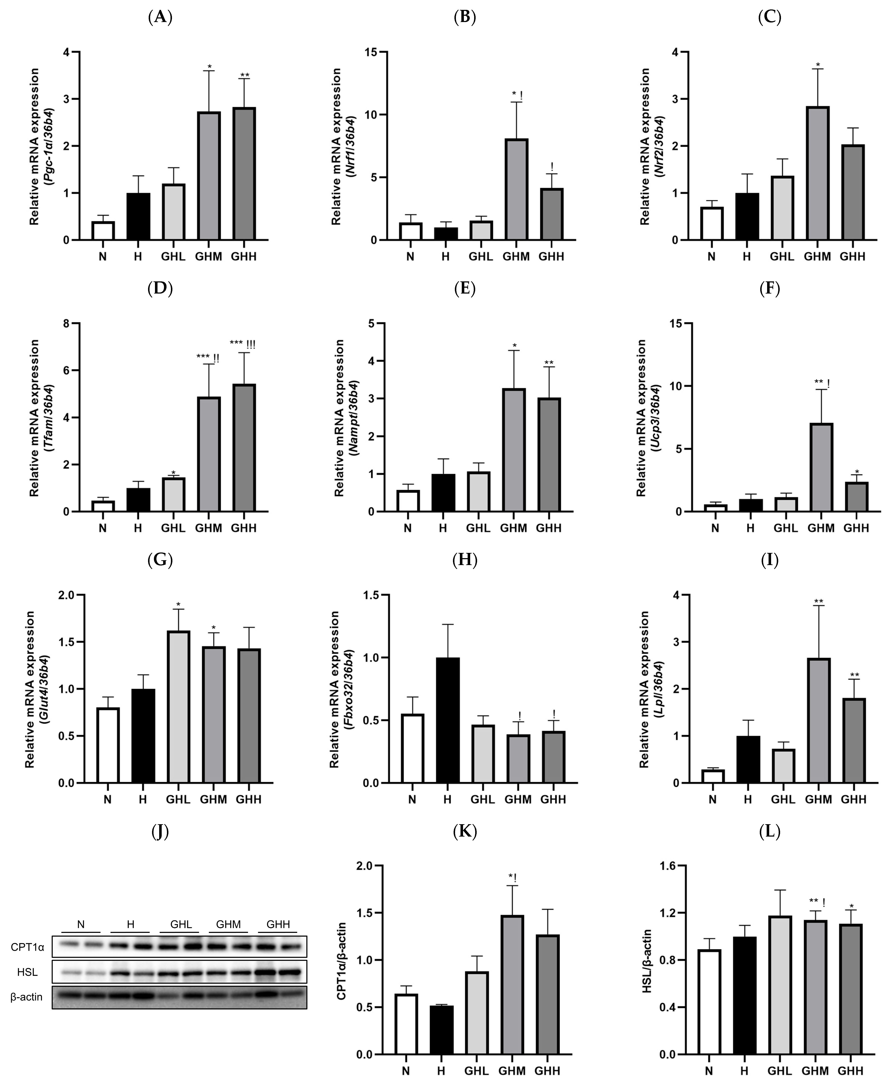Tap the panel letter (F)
[x=769, y=289]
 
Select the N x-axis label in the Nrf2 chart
[x=711, y=256]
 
